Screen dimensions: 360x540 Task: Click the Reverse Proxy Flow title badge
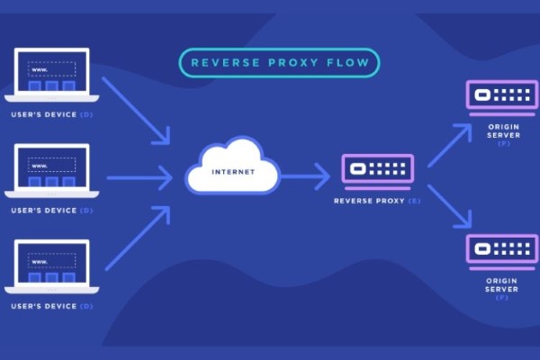(x=279, y=63)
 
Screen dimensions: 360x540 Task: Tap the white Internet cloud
(x=232, y=166)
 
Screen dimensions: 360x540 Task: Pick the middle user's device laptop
(x=51, y=170)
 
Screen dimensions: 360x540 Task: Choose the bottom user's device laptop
(x=51, y=266)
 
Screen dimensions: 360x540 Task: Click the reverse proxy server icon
(x=378, y=170)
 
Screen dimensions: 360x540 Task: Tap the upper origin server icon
(x=501, y=95)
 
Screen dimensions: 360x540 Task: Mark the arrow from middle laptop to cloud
(x=139, y=177)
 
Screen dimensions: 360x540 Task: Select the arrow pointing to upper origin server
(x=449, y=144)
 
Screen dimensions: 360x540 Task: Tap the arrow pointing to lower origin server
(x=449, y=206)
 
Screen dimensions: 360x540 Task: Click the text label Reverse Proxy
(x=371, y=201)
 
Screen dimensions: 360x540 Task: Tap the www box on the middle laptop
(x=51, y=165)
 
